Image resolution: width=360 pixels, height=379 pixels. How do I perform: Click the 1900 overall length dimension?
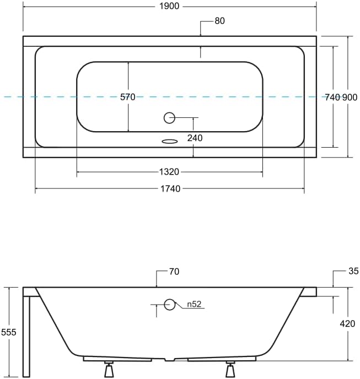169,6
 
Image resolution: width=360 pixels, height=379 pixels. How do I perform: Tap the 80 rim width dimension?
219,21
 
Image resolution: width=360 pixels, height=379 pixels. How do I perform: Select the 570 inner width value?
128,97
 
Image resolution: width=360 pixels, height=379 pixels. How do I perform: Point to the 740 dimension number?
332,97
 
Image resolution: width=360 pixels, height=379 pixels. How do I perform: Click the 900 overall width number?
350,97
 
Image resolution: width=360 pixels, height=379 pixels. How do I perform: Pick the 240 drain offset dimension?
195,138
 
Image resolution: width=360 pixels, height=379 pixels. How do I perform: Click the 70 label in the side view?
174,272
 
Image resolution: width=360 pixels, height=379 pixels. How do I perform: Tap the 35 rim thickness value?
353,271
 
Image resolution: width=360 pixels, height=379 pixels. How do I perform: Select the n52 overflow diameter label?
193,304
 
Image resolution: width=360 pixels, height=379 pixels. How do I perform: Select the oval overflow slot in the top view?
170,141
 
